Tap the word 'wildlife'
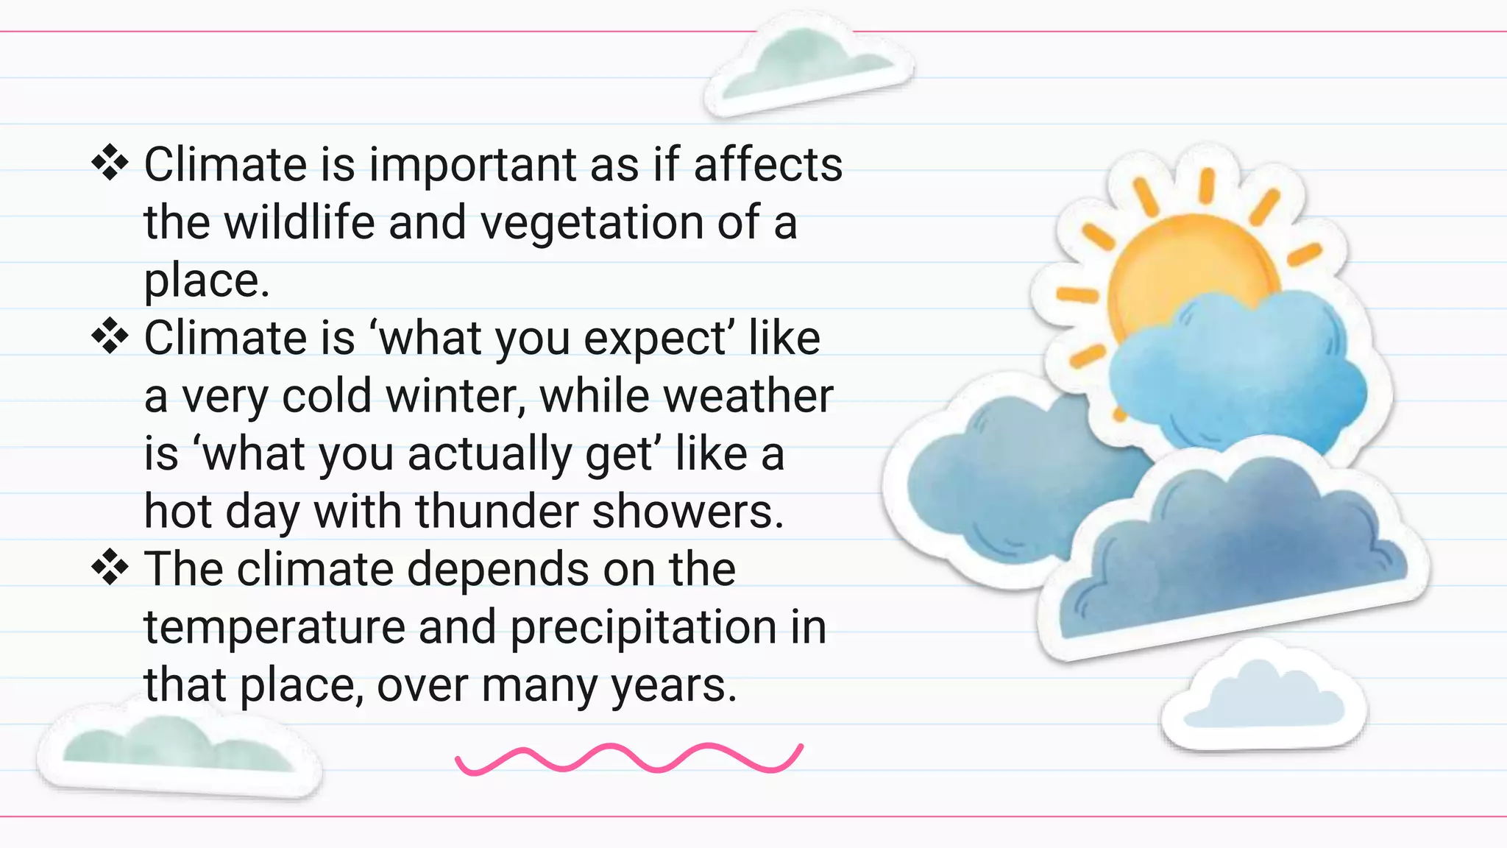pos(299,222)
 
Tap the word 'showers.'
pos(688,512)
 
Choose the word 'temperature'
pos(274,627)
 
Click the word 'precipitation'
pos(643,627)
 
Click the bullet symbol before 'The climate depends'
pos(110,568)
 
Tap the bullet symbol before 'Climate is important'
pos(110,163)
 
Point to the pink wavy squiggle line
pos(629,759)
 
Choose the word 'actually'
pos(490,454)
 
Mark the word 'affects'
pos(768,165)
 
